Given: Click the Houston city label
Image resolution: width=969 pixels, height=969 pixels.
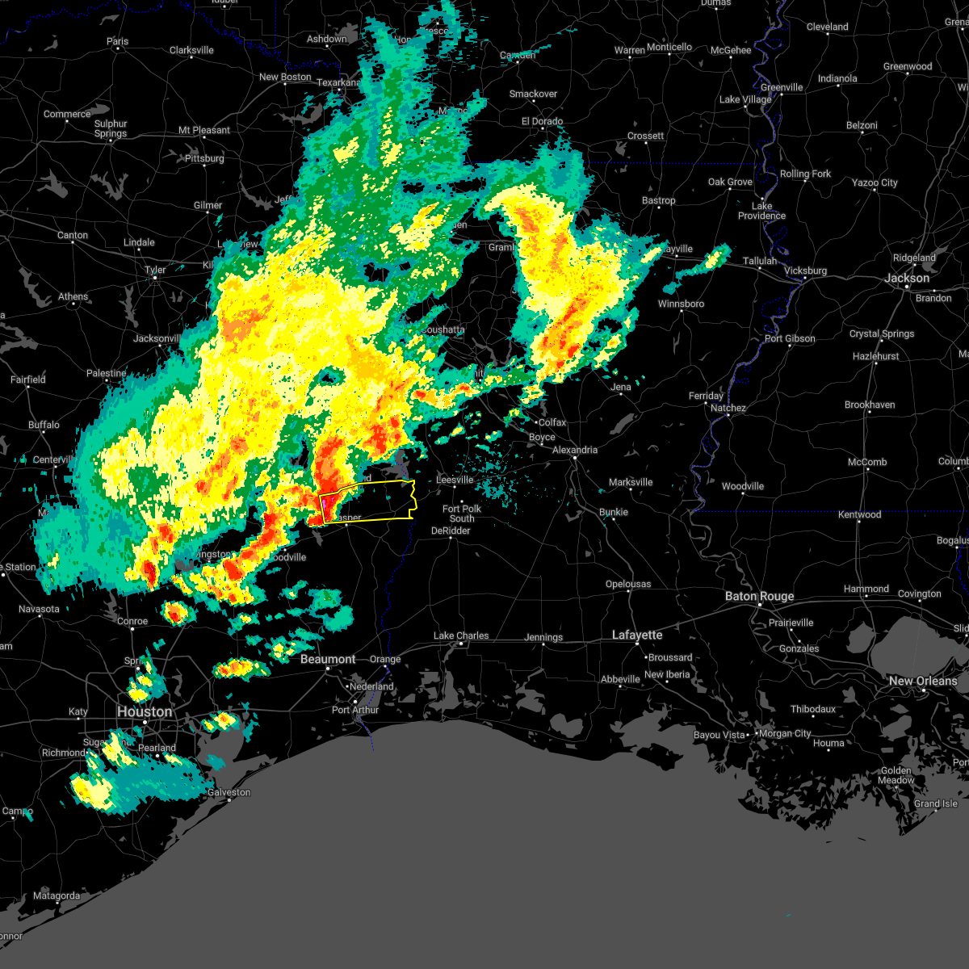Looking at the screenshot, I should click(145, 711).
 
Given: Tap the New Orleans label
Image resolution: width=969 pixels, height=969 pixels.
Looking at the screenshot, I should click(922, 681).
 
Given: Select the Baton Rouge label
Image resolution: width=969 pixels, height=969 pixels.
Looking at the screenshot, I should click(759, 596).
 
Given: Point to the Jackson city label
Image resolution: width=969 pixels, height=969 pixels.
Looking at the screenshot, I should click(907, 278).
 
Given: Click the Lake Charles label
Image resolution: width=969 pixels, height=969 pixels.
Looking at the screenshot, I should click(461, 636).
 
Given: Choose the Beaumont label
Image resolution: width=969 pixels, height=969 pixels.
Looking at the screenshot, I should click(328, 659).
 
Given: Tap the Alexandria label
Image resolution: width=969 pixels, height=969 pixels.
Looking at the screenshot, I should click(575, 450).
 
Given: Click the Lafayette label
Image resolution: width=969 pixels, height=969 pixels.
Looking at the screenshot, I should click(637, 635).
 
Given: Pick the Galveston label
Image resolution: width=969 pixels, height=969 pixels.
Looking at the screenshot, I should click(229, 792).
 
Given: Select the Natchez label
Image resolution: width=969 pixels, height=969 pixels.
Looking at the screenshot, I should click(728, 408).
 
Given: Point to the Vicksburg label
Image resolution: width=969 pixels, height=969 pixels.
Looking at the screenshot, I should click(805, 271).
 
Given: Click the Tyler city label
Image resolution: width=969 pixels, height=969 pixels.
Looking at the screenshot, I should click(155, 270).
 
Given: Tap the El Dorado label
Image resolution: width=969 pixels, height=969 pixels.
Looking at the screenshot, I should click(542, 121).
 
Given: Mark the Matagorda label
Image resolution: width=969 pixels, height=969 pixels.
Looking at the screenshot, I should click(57, 896).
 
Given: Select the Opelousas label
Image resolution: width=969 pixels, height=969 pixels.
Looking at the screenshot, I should click(628, 584).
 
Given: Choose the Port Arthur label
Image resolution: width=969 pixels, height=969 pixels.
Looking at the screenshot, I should click(355, 710).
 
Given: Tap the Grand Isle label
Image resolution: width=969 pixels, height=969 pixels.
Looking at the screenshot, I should click(936, 803).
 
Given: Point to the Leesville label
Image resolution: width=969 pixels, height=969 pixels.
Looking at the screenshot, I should click(455, 480).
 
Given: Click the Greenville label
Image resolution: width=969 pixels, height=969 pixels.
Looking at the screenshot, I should click(782, 87).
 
